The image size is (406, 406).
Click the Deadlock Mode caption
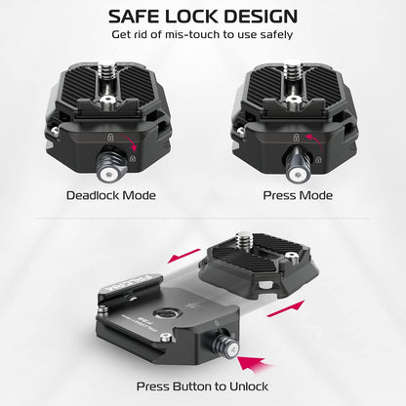pos(111,195)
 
